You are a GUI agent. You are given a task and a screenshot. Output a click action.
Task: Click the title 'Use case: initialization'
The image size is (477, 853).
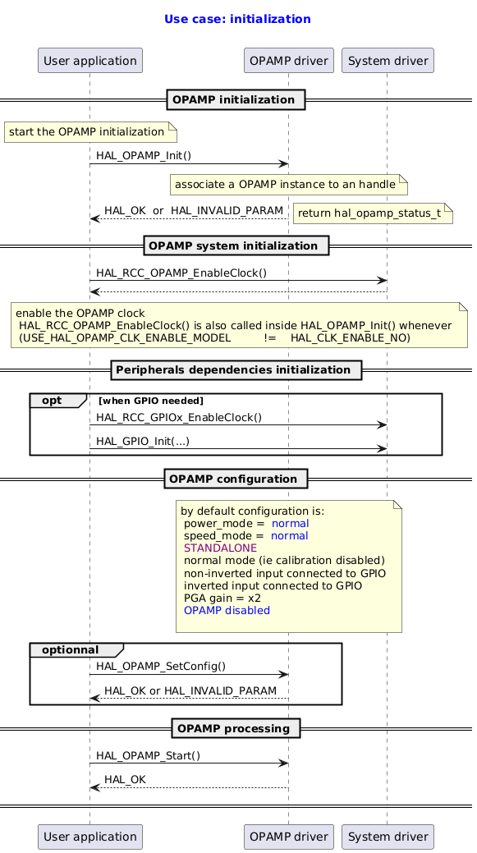click(x=237, y=19)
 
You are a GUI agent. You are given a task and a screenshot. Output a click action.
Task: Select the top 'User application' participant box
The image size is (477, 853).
click(x=90, y=60)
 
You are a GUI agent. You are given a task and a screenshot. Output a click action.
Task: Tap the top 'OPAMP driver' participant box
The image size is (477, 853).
click(x=288, y=60)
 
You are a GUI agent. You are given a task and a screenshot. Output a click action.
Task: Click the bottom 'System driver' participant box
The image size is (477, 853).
click(x=387, y=837)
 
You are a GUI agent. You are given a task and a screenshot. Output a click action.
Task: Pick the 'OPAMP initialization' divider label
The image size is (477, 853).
click(x=236, y=100)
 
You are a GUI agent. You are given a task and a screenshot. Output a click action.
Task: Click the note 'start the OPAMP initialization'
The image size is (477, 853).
click(x=90, y=131)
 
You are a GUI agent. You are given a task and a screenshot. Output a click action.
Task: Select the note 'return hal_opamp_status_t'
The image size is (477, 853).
click(x=373, y=213)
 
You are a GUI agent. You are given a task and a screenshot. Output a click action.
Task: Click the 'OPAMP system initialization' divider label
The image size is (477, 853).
click(x=236, y=246)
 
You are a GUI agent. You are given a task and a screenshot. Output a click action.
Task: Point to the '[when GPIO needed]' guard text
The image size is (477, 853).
click(x=151, y=401)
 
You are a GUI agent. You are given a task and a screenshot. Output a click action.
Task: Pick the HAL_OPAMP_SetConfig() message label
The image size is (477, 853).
click(x=160, y=667)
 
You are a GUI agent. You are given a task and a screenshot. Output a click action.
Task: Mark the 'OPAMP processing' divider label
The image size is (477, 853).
click(x=236, y=729)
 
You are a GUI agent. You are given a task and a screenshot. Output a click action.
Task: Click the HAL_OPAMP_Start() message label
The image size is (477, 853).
click(x=148, y=755)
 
